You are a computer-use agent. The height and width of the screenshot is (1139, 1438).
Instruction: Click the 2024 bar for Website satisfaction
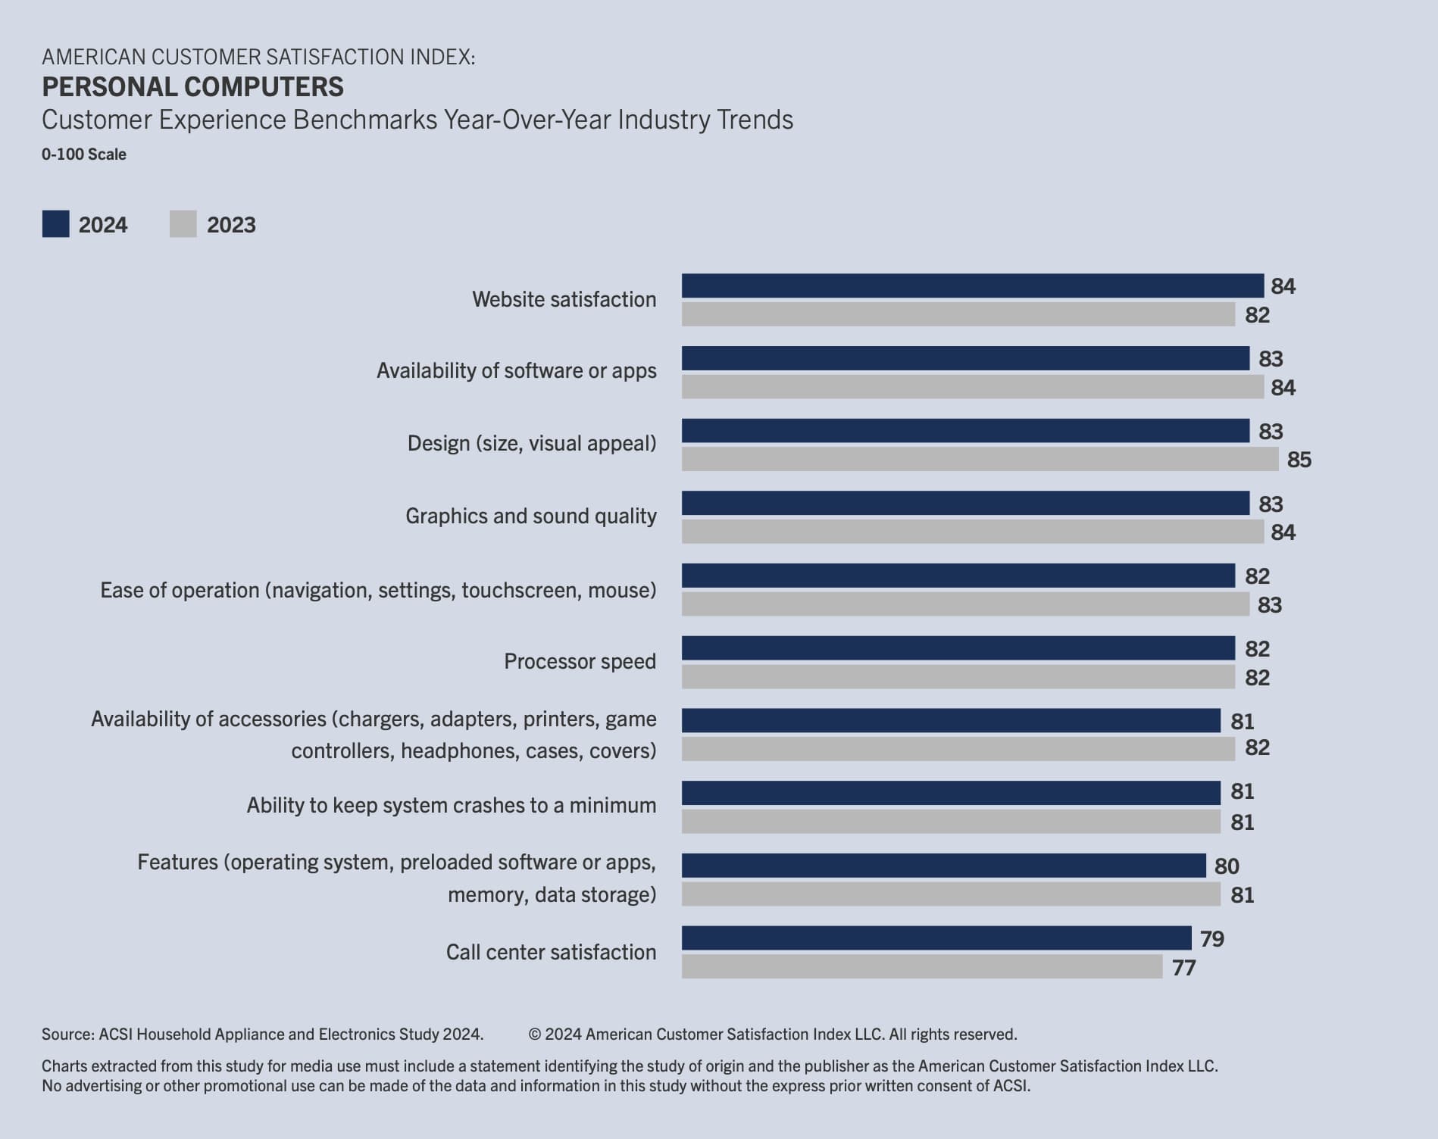[972, 286]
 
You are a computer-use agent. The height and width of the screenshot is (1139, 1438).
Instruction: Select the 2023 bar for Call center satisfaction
[921, 966]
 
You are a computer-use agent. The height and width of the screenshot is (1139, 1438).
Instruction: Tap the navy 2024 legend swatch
[55, 224]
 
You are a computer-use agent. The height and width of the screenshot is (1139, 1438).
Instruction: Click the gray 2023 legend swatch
[183, 224]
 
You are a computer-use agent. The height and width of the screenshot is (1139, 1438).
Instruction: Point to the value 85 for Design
[1299, 460]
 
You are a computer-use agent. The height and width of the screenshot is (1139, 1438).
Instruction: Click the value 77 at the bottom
[1183, 968]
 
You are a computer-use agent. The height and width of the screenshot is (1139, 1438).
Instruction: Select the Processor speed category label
[580, 661]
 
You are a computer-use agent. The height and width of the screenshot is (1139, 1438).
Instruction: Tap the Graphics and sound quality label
[530, 516]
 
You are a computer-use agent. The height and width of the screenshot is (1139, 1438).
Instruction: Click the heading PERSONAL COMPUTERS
[192, 87]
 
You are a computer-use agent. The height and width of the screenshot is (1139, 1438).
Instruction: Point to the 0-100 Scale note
[83, 154]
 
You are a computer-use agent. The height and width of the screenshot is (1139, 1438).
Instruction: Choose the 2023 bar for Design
[980, 459]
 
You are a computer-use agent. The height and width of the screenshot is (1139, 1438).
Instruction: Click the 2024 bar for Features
[943, 865]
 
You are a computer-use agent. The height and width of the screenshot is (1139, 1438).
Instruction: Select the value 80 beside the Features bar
[1227, 866]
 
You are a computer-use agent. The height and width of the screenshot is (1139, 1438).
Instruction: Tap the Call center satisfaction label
[551, 952]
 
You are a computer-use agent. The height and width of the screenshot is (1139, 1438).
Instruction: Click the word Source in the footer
[67, 1034]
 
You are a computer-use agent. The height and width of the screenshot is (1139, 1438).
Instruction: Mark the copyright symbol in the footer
[534, 1034]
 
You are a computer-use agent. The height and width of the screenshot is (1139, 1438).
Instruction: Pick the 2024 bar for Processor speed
[958, 648]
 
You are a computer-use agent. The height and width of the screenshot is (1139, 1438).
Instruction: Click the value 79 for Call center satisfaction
[1212, 939]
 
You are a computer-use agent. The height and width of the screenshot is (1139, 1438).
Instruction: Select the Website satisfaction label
[564, 299]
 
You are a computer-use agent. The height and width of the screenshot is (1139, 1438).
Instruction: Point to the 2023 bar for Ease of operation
[965, 604]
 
